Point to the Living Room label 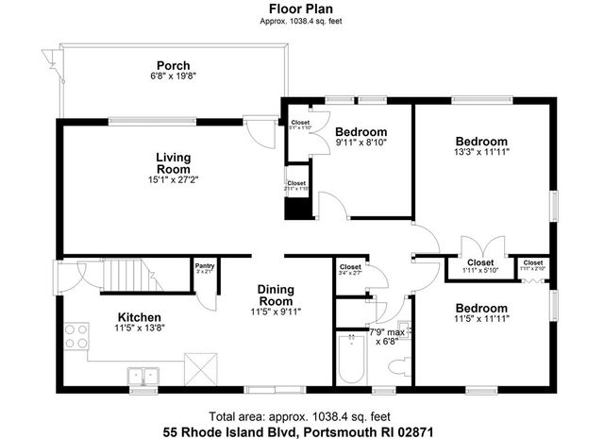(174, 162)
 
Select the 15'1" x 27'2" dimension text (173, 179)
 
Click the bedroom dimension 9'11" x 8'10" (361, 143)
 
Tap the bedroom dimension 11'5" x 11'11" (481, 320)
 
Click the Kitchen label (139, 317)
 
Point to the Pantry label (204, 267)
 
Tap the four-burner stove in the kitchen (74, 336)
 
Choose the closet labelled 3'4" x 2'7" (350, 270)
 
